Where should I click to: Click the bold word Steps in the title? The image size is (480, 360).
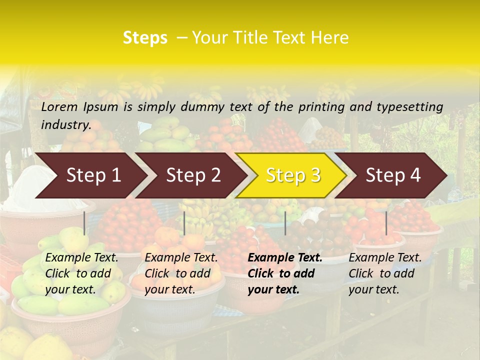coord(145,38)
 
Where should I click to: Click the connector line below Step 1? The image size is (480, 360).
coord(84,223)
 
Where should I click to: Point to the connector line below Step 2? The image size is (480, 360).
coord(184,223)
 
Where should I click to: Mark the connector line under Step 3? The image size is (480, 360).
coord(285,223)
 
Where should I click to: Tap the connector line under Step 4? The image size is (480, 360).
coord(386,223)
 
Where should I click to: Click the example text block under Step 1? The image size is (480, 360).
coord(81,273)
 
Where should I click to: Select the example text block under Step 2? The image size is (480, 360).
coord(181,273)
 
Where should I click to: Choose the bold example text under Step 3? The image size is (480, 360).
coord(284,273)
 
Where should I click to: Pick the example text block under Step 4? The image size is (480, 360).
coord(385,273)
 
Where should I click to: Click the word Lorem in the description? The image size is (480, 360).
coord(59,106)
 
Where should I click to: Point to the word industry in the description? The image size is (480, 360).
coord(66,125)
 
